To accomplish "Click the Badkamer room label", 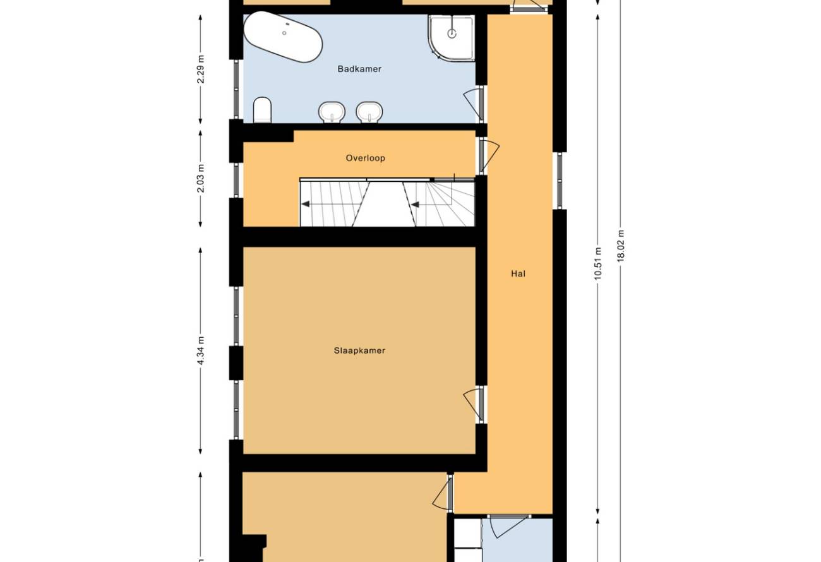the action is click(359, 69).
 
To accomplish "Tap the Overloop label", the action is click(366, 158).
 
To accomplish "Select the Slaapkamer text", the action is click(359, 350).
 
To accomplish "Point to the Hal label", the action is click(518, 273).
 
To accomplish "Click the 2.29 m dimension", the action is click(200, 69).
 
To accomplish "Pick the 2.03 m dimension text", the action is click(200, 179).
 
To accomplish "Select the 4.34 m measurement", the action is click(200, 350).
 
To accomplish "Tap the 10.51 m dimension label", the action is click(598, 264).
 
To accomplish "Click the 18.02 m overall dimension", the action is click(620, 246).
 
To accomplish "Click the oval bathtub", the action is click(283, 37).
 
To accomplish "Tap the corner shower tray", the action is click(452, 38).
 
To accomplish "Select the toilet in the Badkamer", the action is click(263, 110).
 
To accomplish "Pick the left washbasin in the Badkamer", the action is click(332, 112).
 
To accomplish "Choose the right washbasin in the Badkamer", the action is click(369, 112).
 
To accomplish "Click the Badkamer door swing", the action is click(473, 104).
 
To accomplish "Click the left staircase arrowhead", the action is click(305, 204).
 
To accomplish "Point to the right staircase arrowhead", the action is click(415, 204).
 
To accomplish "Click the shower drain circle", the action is click(452, 33).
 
